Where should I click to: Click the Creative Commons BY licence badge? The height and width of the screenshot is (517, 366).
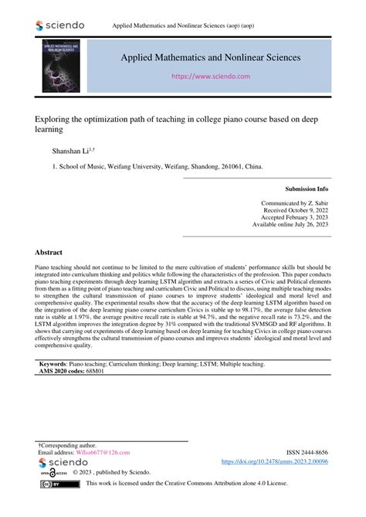pyautogui.click(x=51, y=484)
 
